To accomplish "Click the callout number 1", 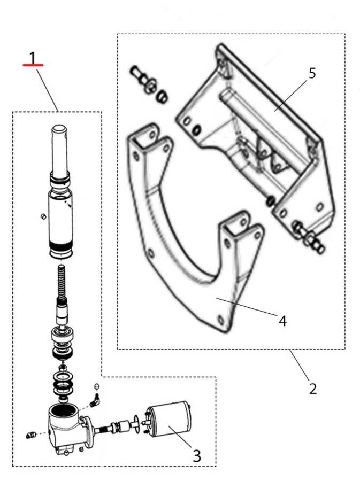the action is click(33, 57).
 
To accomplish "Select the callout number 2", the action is click(312, 389).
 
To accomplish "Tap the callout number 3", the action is click(197, 455).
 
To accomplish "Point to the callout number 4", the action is click(282, 321).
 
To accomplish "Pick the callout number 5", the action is click(312, 73).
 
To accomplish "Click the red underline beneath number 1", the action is click(33, 65).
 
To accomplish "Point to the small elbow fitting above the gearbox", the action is click(96, 400).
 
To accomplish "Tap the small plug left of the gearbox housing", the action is click(31, 435).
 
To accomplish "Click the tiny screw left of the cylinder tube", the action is click(43, 216).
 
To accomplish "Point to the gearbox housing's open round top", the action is click(64, 409).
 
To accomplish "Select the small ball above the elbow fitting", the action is click(97, 386).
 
